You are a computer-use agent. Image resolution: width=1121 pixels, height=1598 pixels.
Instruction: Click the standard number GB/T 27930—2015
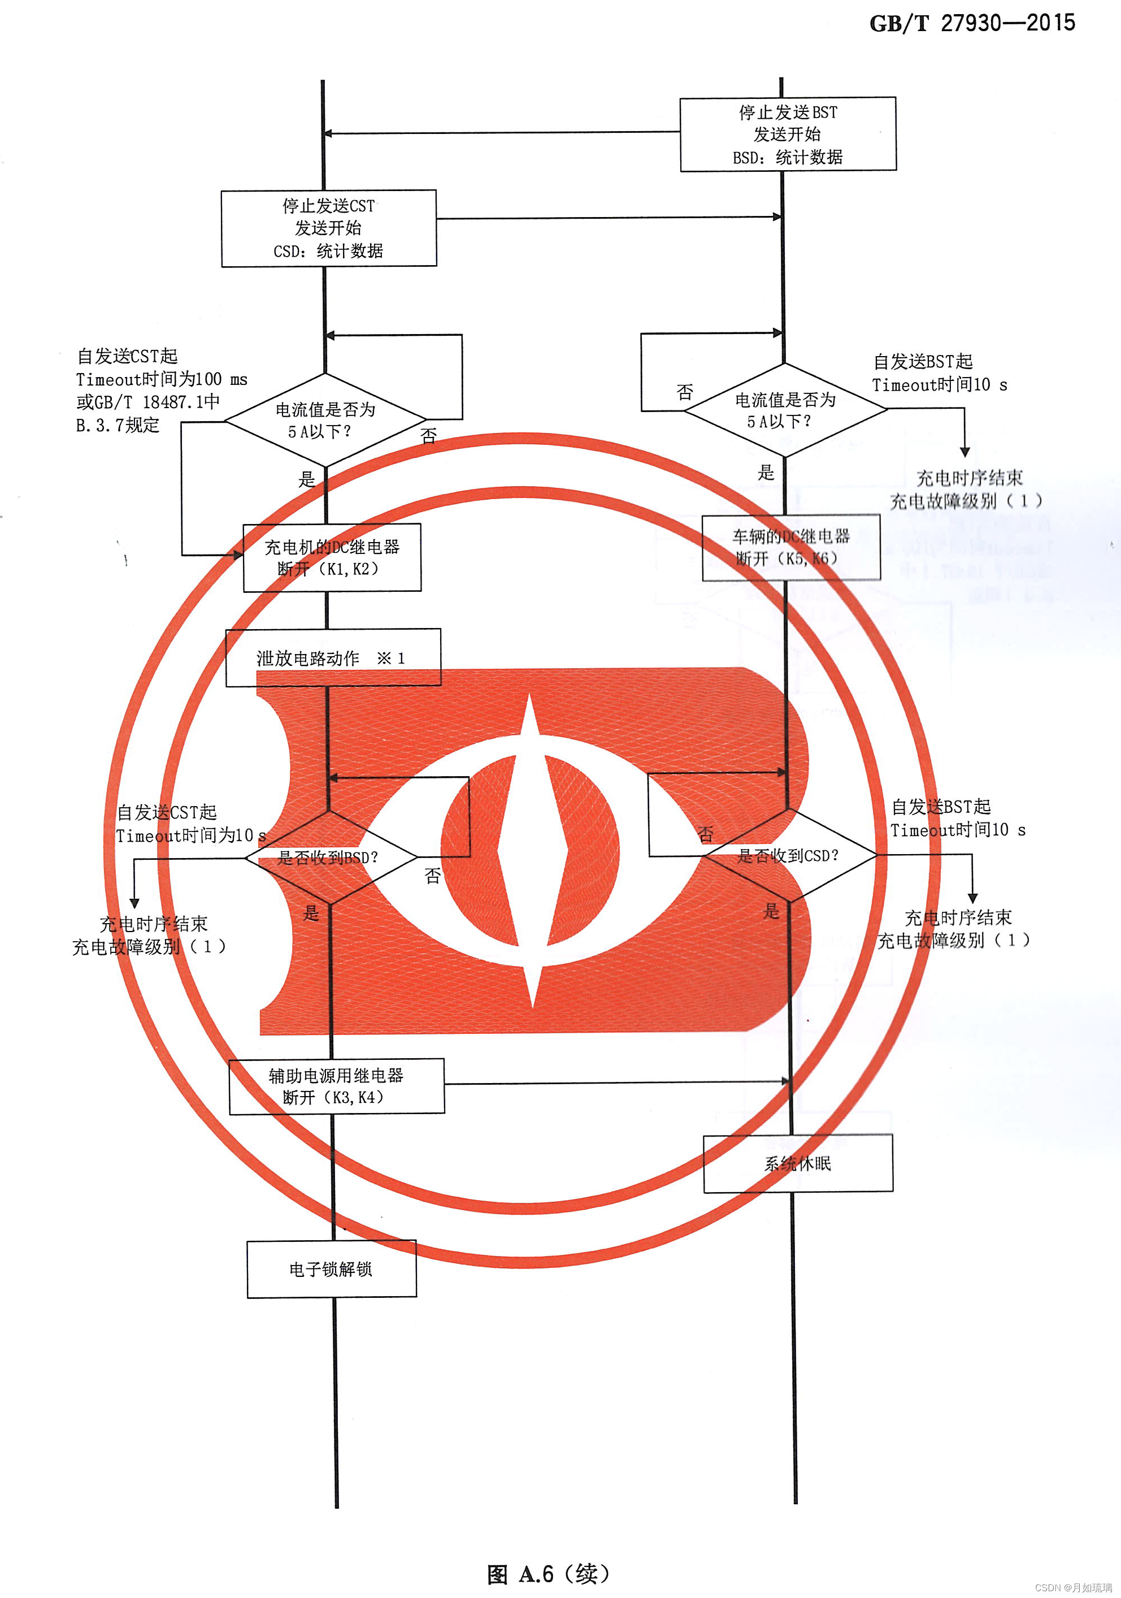click(971, 23)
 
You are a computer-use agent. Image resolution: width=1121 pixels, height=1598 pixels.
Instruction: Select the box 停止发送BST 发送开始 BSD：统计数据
click(788, 135)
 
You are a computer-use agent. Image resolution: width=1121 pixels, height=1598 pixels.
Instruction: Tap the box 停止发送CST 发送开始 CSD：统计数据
click(328, 228)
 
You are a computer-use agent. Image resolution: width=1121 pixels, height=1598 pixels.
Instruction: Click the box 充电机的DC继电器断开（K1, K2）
click(332, 557)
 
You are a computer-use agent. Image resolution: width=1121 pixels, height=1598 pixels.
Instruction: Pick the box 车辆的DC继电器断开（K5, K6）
click(791, 548)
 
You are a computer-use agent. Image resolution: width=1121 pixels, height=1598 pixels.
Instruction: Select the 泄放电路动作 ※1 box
click(333, 658)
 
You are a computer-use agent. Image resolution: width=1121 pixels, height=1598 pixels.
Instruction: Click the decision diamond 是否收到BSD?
click(330, 858)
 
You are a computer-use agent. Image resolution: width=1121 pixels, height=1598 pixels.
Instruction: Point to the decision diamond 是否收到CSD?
click(789, 855)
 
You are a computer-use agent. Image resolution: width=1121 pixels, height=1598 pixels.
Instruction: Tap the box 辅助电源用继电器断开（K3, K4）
click(337, 1086)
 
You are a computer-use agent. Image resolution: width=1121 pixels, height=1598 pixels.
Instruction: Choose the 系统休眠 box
click(798, 1164)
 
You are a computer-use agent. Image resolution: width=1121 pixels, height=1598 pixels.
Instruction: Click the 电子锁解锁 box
click(331, 1269)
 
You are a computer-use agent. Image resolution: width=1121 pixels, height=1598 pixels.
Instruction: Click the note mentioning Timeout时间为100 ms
click(162, 379)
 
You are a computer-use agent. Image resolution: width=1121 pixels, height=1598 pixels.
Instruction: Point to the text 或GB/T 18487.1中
click(148, 402)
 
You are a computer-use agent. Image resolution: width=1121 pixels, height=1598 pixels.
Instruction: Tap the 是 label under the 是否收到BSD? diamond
click(311, 913)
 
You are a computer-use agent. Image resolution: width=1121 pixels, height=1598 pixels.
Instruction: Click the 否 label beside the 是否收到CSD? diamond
click(706, 834)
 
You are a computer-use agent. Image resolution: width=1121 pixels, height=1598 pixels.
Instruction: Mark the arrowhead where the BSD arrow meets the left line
click(328, 133)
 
